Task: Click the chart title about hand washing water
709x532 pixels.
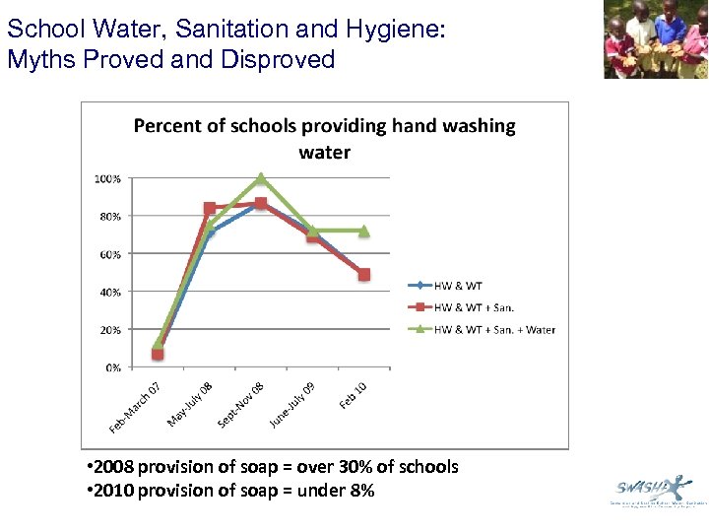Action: pyautogui.click(x=324, y=139)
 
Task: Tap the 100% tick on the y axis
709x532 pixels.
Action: pyautogui.click(x=108, y=179)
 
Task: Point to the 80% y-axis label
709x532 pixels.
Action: pyautogui.click(x=109, y=216)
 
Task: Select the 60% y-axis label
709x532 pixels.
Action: pyautogui.click(x=109, y=254)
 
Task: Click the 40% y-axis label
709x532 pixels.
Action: pyautogui.click(x=109, y=292)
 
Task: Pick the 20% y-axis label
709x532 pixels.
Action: pyautogui.click(x=109, y=330)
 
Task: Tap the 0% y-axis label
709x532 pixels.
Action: pyautogui.click(x=112, y=367)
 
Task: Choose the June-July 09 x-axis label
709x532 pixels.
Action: pyautogui.click(x=292, y=404)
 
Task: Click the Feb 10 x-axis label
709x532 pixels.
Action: pyautogui.click(x=353, y=395)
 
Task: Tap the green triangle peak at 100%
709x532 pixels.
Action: pyautogui.click(x=261, y=179)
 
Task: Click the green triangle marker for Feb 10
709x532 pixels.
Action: pyautogui.click(x=363, y=231)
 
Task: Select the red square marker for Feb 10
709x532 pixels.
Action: pyautogui.click(x=363, y=275)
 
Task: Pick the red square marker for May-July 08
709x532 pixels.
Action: pyautogui.click(x=209, y=208)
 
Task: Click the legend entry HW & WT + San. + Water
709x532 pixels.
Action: pyautogui.click(x=482, y=329)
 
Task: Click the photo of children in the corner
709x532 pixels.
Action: pyautogui.click(x=655, y=39)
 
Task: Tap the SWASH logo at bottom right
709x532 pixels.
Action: pyautogui.click(x=653, y=490)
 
